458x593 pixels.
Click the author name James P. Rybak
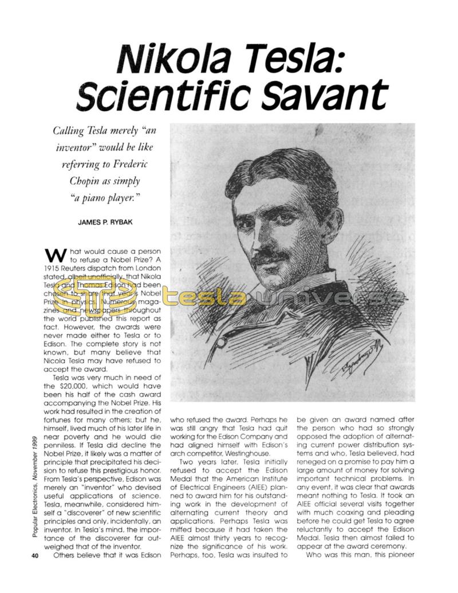point(105,222)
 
